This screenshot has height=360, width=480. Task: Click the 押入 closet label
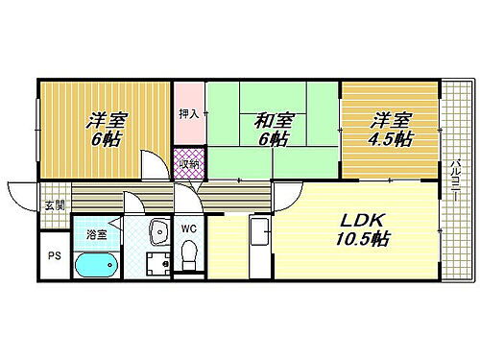[188, 113]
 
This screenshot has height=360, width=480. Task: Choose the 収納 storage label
[188, 162]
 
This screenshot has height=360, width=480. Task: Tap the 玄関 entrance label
[53, 204]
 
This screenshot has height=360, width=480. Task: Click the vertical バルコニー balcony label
[455, 177]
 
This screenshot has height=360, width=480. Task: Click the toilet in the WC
[189, 256]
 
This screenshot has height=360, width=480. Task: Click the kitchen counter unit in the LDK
[258, 244]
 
